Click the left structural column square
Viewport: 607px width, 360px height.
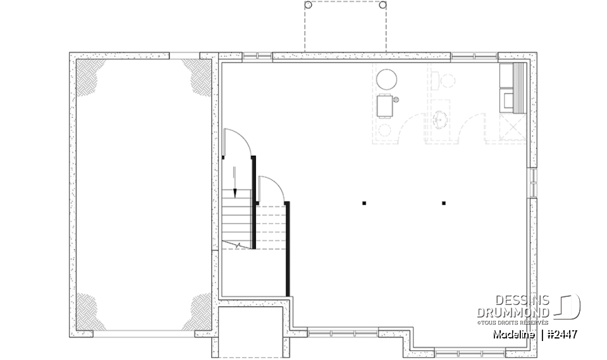click(364, 203)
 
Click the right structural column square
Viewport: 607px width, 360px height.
click(444, 203)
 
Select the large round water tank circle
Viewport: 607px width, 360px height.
click(386, 80)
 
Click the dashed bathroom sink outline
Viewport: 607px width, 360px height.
click(440, 118)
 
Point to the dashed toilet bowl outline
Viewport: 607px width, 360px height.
click(448, 80)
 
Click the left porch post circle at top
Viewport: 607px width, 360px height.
click(308, 4)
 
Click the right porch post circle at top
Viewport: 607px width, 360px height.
click(383, 4)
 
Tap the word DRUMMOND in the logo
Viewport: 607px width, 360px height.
click(513, 313)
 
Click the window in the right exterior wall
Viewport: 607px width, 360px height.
click(533, 183)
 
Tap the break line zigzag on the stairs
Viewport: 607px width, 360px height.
click(237, 244)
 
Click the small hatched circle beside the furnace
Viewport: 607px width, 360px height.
click(396, 99)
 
